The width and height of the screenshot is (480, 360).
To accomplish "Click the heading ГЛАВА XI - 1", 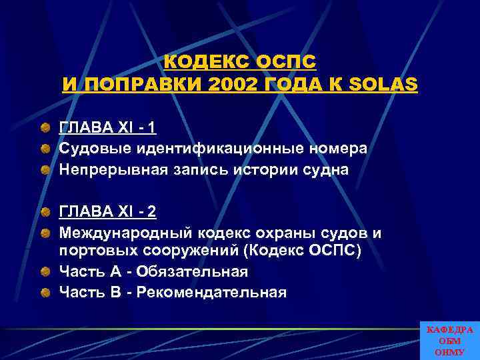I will [x=108, y=128].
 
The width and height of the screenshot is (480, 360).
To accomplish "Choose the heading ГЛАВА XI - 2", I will [x=108, y=213].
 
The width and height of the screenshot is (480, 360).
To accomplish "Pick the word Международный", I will [x=126, y=233].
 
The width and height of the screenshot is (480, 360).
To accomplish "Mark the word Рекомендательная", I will [x=213, y=292].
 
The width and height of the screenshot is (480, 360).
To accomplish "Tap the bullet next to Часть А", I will [x=44, y=272].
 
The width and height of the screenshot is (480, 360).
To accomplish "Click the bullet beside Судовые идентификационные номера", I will [x=44, y=148].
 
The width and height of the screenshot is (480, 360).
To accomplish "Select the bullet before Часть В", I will [x=44, y=292].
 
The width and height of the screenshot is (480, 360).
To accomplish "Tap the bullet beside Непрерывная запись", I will [x=44, y=169].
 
